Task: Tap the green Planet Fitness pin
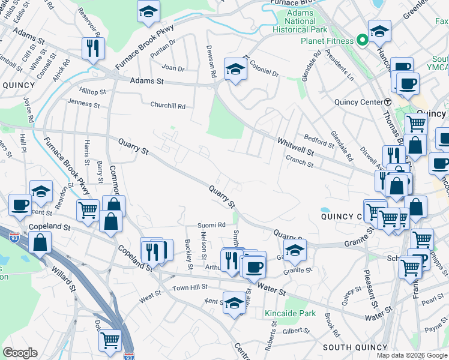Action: pyautogui.click(x=363, y=41)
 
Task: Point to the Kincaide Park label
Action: pyautogui.click(x=290, y=313)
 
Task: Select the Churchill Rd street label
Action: pyautogui.click(x=167, y=106)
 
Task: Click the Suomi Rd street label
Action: pyautogui.click(x=211, y=225)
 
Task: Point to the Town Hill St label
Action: pyautogui.click(x=189, y=288)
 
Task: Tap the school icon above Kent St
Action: pyautogui.click(x=234, y=302)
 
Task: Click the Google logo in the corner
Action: pyautogui.click(x=20, y=353)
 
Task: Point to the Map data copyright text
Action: pyautogui.click(x=411, y=355)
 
